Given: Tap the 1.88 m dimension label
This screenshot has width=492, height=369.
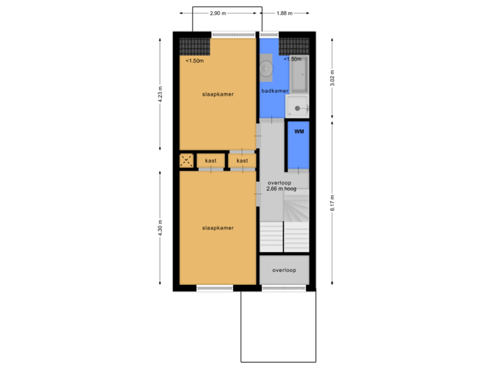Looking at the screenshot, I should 284,13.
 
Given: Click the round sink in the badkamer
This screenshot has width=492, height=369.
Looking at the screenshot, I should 266,68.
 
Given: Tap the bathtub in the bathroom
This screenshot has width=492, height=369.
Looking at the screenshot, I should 299,75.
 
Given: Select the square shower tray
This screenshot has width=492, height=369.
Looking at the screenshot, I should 297,107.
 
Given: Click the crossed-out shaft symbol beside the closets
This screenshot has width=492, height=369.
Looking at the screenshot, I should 187,161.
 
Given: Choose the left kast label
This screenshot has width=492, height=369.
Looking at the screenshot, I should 210,161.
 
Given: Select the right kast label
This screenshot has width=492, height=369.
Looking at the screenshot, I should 242,161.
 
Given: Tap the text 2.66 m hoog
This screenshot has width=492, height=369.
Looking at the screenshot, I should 281,189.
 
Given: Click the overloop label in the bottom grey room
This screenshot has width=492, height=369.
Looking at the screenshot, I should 284,271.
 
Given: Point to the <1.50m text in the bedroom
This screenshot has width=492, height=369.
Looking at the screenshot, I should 195,61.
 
